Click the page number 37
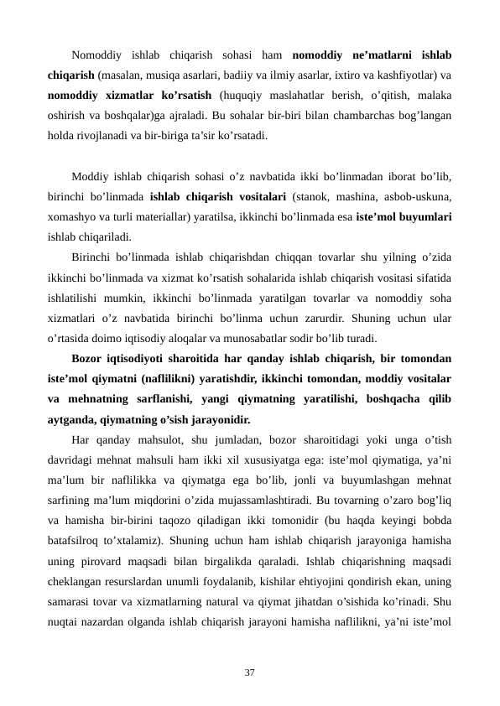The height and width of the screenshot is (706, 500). coord(249,672)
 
